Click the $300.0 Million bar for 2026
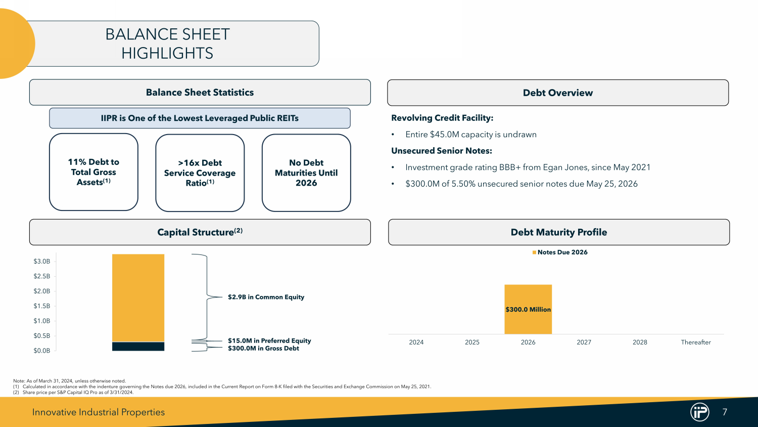(528, 309)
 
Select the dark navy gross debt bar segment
(138, 347)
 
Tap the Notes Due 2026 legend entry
(560, 252)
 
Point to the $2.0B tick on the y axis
(41, 291)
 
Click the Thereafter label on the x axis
(696, 343)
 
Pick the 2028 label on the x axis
(640, 343)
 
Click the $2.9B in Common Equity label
(266, 297)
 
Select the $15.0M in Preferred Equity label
(269, 340)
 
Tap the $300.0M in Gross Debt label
(263, 349)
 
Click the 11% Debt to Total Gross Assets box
(93, 172)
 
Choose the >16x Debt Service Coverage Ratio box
(200, 173)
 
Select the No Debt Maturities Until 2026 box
(306, 173)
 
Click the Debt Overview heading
(558, 93)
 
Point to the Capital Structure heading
(200, 232)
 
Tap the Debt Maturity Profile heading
(559, 232)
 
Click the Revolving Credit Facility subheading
(442, 118)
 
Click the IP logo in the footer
(699, 412)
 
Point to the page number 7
(725, 412)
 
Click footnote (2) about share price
(73, 393)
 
